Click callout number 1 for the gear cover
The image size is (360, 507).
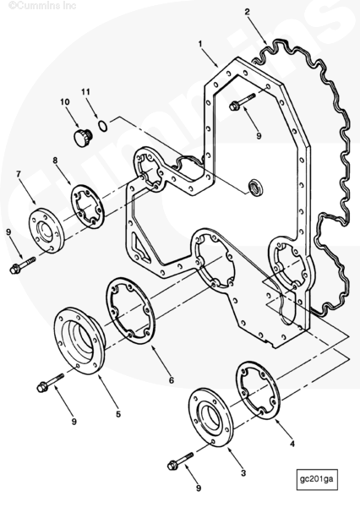(200, 43)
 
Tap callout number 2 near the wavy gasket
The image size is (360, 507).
(247, 12)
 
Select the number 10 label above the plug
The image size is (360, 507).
(65, 102)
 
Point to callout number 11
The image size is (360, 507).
(85, 92)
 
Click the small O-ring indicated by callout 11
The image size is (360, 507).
(102, 126)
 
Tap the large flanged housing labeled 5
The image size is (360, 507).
(80, 341)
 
